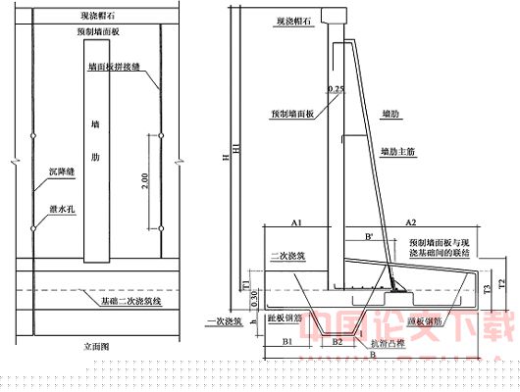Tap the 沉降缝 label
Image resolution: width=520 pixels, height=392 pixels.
(x=61, y=171)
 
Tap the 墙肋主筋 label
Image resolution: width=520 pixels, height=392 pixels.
(x=399, y=151)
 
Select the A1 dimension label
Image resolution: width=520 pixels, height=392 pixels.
(x=294, y=223)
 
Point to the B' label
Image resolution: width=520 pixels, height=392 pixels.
(x=368, y=236)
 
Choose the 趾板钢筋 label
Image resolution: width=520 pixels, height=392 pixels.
(x=282, y=318)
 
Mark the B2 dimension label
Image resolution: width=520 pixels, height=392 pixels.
(x=337, y=342)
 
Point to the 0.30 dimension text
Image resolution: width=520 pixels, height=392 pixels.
(x=255, y=296)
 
